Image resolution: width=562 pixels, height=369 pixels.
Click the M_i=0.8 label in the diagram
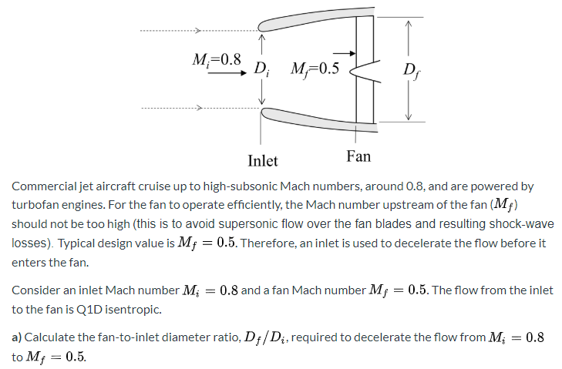coord(216,59)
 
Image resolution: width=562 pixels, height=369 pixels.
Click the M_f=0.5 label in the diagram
coord(315,68)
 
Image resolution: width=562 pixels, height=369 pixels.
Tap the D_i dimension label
coord(261,68)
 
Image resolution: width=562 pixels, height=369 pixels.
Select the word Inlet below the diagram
coord(262,161)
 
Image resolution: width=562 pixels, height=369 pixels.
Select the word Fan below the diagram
coord(358,156)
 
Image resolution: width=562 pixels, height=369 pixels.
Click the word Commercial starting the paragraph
coord(43,186)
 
